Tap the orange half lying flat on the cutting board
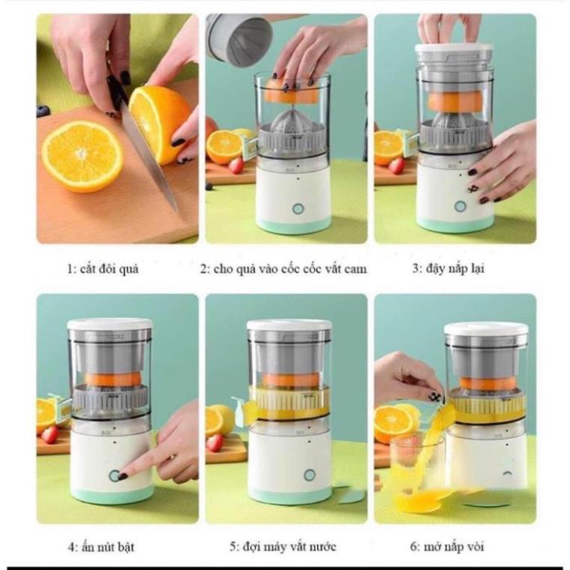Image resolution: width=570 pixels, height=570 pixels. [x=82, y=156]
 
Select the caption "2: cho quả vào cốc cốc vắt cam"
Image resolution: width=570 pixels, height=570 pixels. [x=283, y=268]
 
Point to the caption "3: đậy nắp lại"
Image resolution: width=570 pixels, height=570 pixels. [x=447, y=268]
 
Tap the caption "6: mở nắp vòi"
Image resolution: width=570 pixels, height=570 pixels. [x=447, y=547]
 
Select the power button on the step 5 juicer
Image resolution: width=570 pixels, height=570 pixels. [x=309, y=475]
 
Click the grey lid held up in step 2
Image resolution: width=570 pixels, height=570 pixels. [x=238, y=37]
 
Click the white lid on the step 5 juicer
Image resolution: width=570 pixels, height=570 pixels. [x=289, y=325]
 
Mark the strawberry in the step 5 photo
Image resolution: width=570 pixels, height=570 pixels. [x=215, y=442]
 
